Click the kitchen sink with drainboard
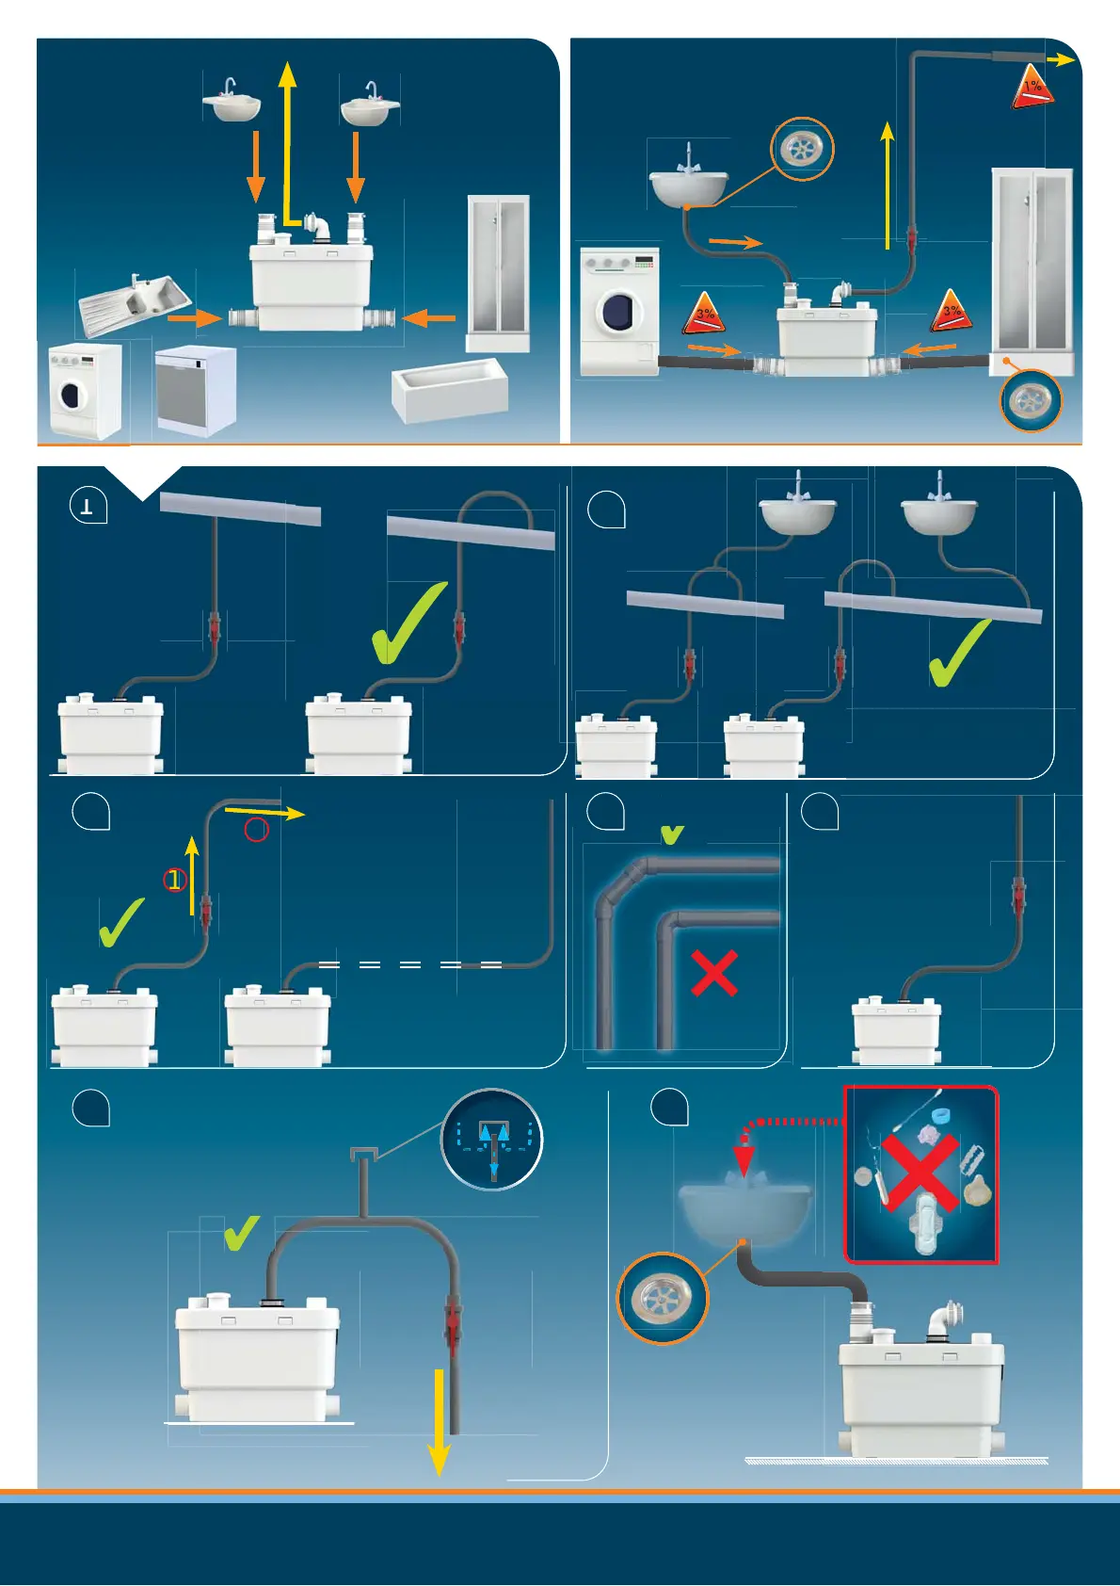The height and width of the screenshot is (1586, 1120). (135, 302)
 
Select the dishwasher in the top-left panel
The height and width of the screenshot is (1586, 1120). (195, 389)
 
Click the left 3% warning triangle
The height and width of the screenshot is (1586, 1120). (705, 315)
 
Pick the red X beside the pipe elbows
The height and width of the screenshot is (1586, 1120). (714, 973)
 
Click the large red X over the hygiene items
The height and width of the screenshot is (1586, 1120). (920, 1173)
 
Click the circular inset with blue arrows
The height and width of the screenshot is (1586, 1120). (492, 1140)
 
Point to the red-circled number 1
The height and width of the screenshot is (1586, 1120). (174, 881)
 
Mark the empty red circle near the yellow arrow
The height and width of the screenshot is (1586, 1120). (256, 830)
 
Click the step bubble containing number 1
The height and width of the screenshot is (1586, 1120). (88, 507)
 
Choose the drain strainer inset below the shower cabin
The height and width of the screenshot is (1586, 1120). (1030, 400)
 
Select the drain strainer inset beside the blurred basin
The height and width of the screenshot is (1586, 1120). (662, 1298)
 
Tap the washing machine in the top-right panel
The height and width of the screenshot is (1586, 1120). (619, 312)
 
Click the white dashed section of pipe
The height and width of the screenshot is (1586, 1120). (409, 964)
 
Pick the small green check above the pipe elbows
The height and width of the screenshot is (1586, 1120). (672, 833)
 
